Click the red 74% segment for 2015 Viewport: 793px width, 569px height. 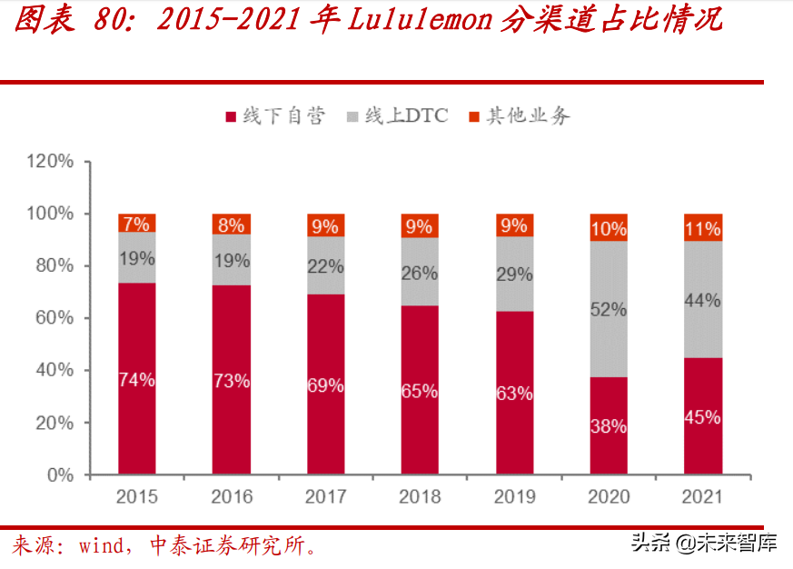[x=136, y=378]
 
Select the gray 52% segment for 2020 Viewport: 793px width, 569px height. [x=608, y=309]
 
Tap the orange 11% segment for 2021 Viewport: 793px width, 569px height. [x=702, y=227]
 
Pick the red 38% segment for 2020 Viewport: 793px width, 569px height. [x=608, y=425]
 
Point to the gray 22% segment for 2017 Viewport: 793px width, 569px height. [x=325, y=266]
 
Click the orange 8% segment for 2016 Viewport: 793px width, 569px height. [x=231, y=225]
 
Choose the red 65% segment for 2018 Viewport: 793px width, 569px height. [x=420, y=390]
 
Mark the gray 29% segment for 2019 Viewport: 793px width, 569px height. [x=514, y=274]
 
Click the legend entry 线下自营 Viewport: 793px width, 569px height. [x=273, y=116]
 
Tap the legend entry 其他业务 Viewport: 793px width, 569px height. [x=519, y=116]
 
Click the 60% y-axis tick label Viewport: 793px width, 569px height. [x=54, y=318]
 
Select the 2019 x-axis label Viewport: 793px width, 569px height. [x=514, y=497]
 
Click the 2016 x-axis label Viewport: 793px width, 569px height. [x=231, y=497]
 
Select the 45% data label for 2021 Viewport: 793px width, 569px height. [x=702, y=418]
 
